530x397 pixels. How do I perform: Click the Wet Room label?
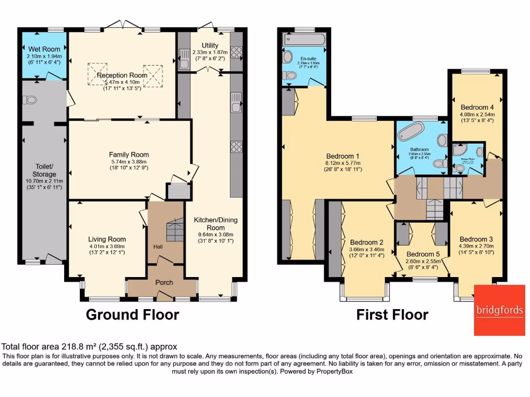43,49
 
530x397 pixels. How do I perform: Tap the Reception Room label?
122,75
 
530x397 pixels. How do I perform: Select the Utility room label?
210,45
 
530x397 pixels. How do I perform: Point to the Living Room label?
107,239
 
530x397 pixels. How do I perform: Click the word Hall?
158,247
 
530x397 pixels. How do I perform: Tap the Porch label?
164,282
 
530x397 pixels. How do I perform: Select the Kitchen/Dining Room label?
216,223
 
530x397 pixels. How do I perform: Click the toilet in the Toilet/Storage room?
32,99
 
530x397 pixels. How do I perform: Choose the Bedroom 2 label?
366,242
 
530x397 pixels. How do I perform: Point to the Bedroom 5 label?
423,254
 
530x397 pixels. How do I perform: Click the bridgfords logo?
499,310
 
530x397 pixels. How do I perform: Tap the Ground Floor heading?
132,314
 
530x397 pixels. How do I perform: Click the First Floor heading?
392,314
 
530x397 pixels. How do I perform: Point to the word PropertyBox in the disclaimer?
330,371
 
